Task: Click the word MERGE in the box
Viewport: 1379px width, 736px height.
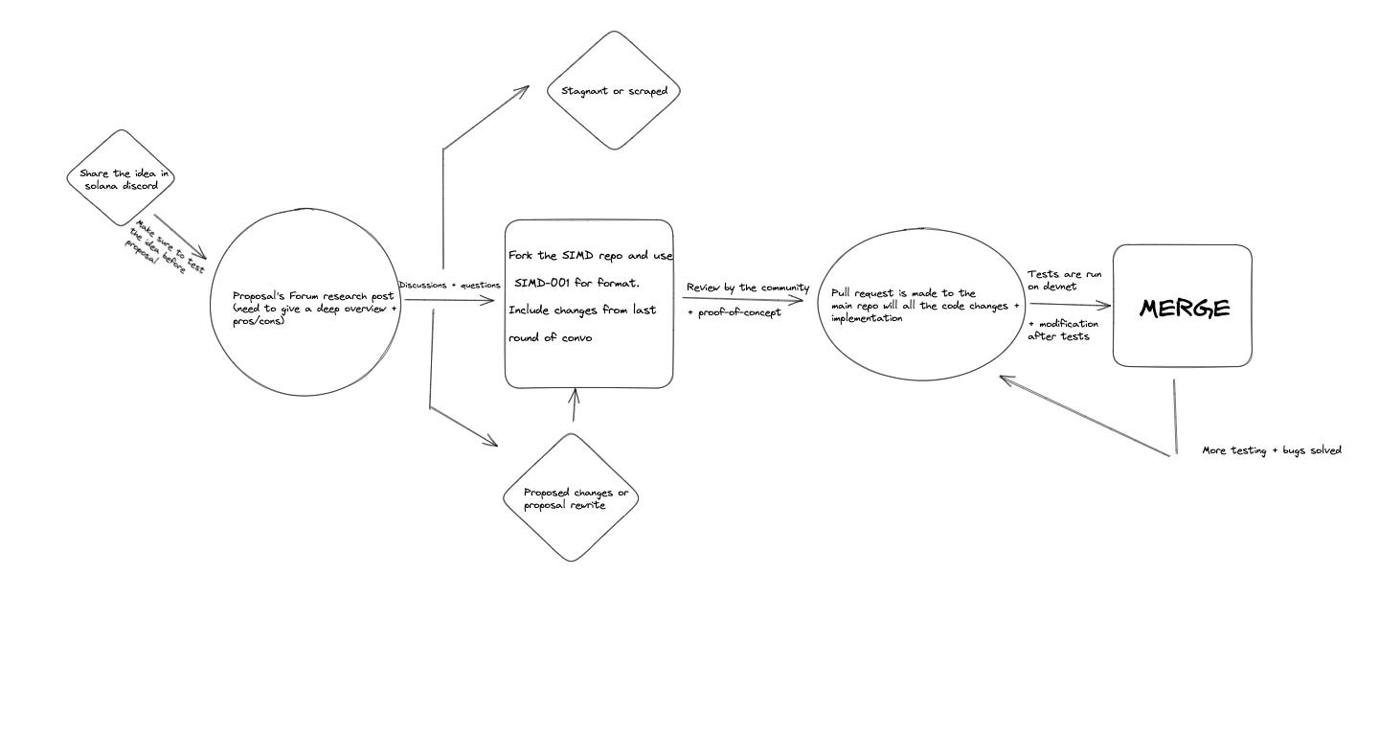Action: (x=1184, y=309)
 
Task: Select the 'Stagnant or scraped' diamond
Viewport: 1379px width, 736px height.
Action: (x=614, y=91)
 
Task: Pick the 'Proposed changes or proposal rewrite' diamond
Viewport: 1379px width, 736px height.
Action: (x=571, y=498)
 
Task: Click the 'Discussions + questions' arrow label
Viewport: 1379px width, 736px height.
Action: (x=449, y=285)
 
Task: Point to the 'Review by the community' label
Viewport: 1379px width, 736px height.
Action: (x=747, y=287)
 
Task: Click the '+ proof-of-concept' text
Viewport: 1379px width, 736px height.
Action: (x=734, y=312)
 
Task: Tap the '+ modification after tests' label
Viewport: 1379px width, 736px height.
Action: (x=1063, y=330)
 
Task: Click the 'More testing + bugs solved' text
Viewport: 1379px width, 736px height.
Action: (x=1272, y=449)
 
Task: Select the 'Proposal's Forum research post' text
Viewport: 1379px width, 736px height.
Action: (x=313, y=296)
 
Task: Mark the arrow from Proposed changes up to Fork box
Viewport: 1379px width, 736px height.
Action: (x=574, y=406)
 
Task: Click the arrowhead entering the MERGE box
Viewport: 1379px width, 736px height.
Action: (x=1105, y=307)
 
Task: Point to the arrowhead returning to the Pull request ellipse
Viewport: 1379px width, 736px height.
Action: (x=1006, y=379)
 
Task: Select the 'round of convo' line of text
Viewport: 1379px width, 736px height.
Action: (x=550, y=336)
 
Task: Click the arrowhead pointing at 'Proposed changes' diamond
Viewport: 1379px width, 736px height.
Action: (x=492, y=442)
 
